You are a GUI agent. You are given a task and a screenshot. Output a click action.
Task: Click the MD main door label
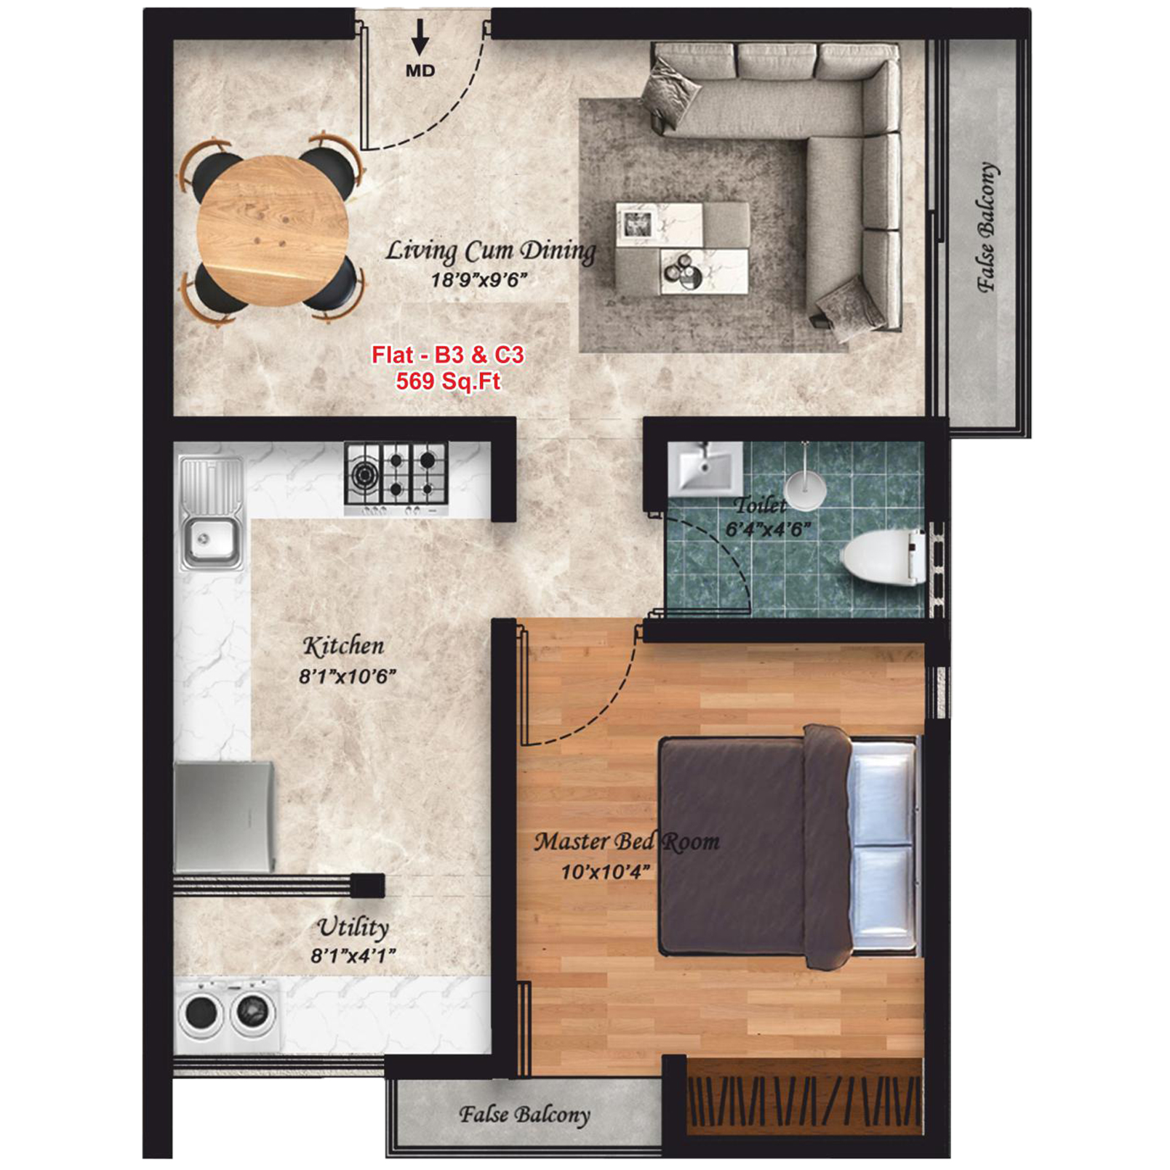[x=420, y=71]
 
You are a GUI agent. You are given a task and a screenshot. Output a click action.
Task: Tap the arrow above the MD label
[x=420, y=37]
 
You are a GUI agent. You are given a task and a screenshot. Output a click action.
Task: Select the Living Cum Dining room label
[x=491, y=251]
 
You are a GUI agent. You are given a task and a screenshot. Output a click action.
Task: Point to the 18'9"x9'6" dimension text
[x=478, y=280]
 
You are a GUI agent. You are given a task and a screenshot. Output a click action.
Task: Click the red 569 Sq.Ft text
[x=449, y=381]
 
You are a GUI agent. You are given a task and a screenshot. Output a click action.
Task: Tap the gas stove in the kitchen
[x=396, y=478]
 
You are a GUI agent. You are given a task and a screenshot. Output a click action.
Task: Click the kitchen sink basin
[x=211, y=540]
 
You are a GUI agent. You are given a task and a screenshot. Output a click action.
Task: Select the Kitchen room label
[x=343, y=646]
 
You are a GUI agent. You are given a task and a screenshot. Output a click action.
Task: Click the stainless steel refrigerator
[x=225, y=816]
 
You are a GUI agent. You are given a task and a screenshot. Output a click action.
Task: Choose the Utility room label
[x=353, y=928]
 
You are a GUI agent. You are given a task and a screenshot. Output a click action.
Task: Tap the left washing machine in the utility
[x=201, y=1012]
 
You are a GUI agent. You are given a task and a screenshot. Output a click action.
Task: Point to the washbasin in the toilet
[x=705, y=469]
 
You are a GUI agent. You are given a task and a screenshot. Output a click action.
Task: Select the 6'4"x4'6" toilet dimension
[x=768, y=529]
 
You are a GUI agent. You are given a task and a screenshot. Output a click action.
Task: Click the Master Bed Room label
[x=627, y=842]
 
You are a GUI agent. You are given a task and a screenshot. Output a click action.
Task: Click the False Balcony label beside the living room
[x=987, y=227]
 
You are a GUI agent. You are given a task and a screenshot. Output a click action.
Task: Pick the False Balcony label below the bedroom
[x=524, y=1114]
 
